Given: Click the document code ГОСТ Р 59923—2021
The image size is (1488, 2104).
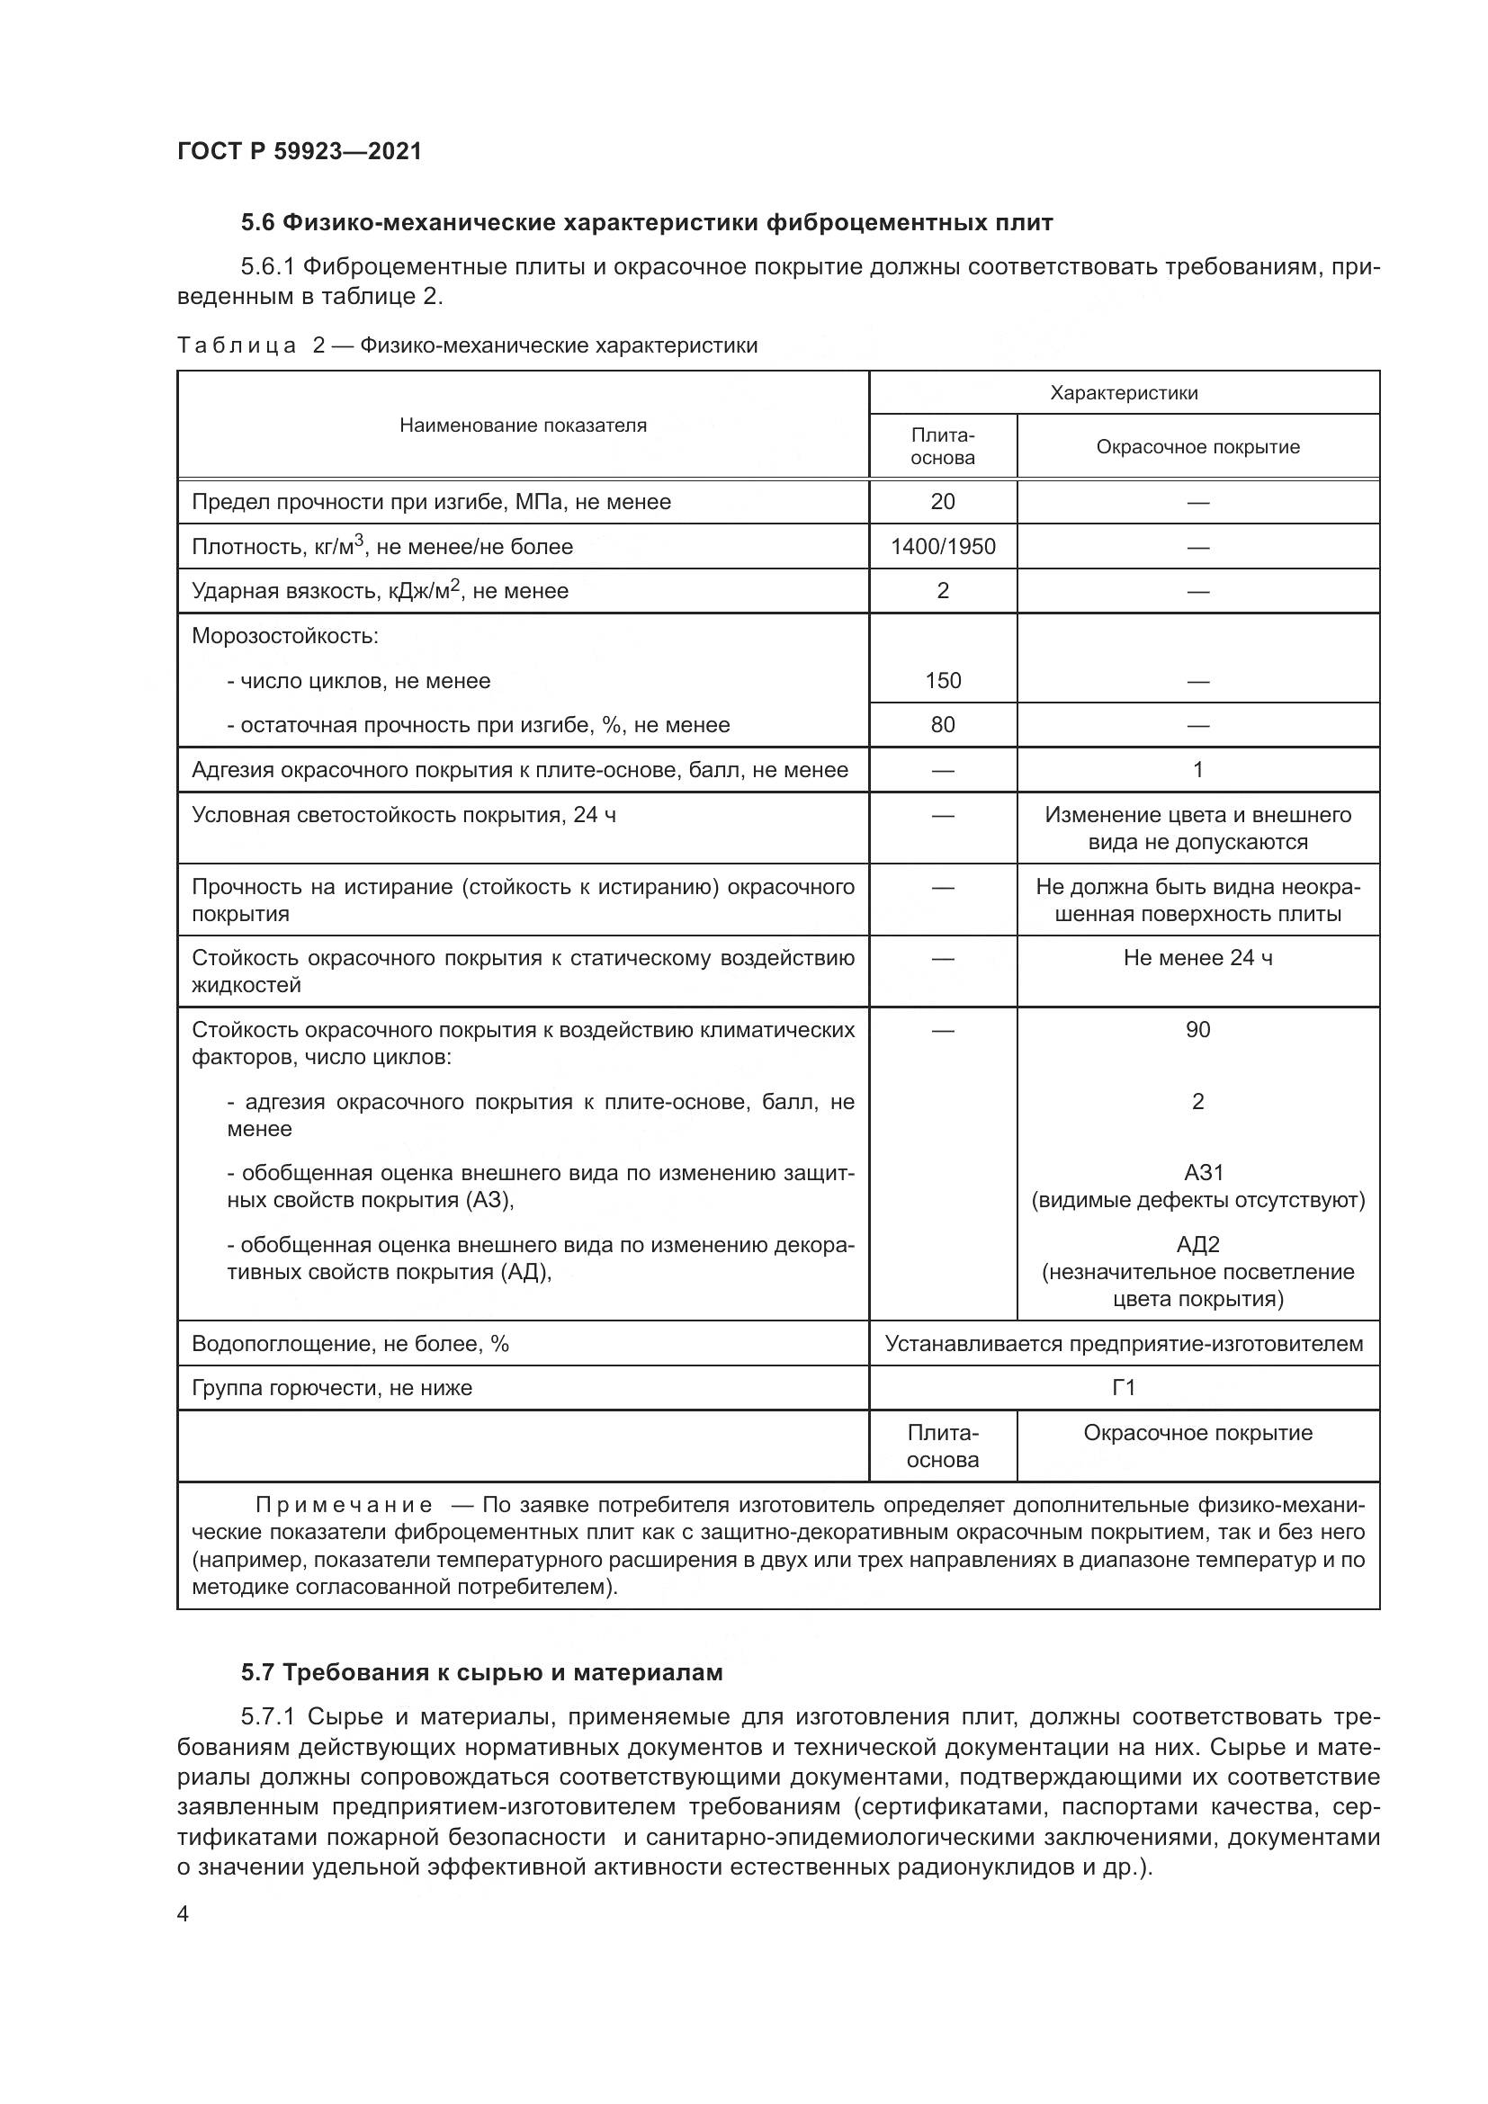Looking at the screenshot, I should pyautogui.click(x=300, y=151).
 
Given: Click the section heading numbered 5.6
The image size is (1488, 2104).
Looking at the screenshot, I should pyautogui.click(x=647, y=223).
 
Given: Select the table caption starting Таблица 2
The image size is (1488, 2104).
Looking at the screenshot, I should pyautogui.click(x=467, y=345).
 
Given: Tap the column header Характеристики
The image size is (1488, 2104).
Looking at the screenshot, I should pyautogui.click(x=1124, y=393).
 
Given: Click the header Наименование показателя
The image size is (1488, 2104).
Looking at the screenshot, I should pyautogui.click(x=523, y=425).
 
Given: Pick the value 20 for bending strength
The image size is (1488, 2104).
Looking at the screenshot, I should pyautogui.click(x=942, y=502).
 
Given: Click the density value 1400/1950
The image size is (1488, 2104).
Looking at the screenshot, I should pyautogui.click(x=942, y=547).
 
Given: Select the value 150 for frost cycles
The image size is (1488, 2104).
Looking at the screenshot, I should pyautogui.click(x=942, y=681).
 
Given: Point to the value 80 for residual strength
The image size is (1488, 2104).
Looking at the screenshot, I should pyautogui.click(x=942, y=725).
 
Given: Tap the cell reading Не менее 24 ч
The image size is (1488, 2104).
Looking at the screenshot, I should pyautogui.click(x=1197, y=958).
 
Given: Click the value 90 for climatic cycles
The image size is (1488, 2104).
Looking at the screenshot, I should pyautogui.click(x=1197, y=1029).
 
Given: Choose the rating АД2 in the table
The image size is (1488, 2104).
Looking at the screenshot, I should pyautogui.click(x=1197, y=1244).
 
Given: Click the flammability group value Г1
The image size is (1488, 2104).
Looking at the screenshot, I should pyautogui.click(x=1124, y=1387).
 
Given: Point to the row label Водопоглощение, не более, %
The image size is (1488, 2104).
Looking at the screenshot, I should pyautogui.click(x=350, y=1343).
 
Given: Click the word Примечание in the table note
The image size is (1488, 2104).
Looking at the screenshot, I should pyautogui.click(x=344, y=1505).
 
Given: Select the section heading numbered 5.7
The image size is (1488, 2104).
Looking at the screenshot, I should pyautogui.click(x=482, y=1672).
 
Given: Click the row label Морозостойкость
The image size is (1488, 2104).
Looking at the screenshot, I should pyautogui.click(x=285, y=636).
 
